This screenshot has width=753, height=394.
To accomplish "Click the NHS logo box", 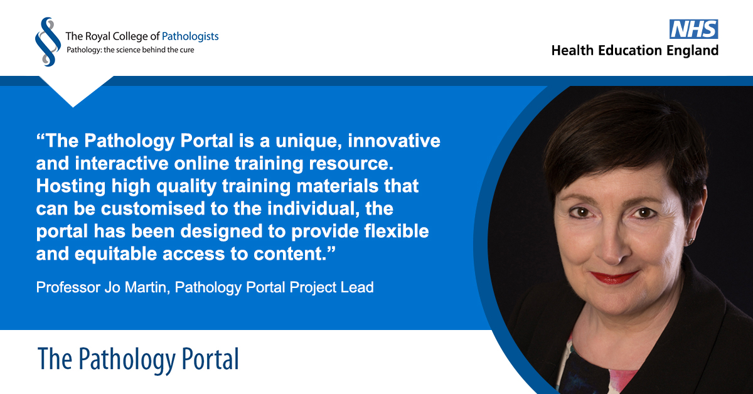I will click(x=693, y=29).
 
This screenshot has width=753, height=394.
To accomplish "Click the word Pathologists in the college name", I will click(x=187, y=36).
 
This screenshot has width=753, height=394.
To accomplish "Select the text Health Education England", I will click(x=634, y=51).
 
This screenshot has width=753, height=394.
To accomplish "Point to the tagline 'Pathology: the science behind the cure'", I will click(x=131, y=50).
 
